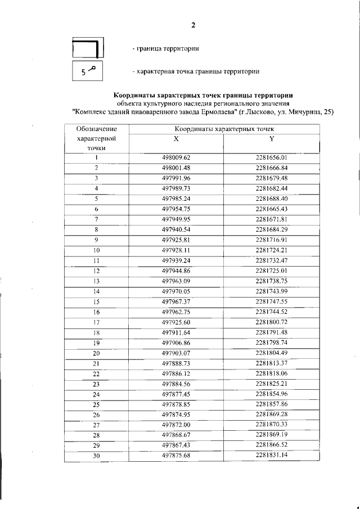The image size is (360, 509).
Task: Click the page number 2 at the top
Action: (x=193, y=25)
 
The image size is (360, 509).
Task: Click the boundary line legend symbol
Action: (x=87, y=49)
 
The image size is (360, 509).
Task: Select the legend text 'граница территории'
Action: (x=166, y=49)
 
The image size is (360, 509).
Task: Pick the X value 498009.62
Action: (x=176, y=157)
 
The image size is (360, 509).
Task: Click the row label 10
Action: (x=96, y=250)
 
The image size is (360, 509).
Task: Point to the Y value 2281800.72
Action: (x=271, y=322)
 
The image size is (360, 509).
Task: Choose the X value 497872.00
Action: (x=176, y=425)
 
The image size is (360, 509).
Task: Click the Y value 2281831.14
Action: (x=271, y=455)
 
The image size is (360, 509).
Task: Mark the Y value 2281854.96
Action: (x=271, y=394)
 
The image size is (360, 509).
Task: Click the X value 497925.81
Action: (x=176, y=240)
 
